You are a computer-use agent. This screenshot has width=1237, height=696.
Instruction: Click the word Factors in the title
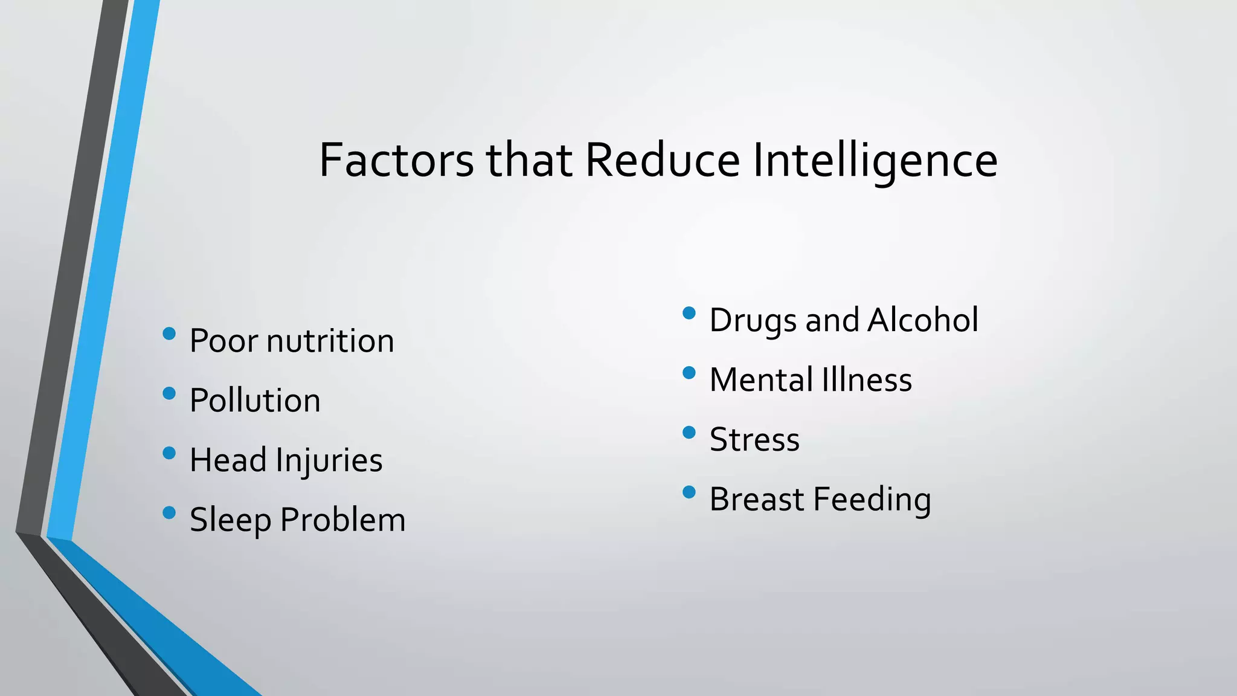396,161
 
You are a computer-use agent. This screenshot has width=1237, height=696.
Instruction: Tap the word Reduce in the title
663,161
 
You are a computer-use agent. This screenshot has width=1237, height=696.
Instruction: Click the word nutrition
330,341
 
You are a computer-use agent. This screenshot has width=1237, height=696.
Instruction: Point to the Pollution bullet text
255,401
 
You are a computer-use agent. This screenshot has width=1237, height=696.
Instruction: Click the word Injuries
329,460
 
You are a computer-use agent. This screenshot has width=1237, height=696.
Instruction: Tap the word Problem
343,520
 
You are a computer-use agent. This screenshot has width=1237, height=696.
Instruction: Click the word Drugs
753,320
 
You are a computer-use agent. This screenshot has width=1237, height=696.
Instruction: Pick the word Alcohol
923,320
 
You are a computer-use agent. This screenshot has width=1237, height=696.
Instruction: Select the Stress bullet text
754,440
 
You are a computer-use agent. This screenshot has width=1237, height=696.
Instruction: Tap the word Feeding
872,500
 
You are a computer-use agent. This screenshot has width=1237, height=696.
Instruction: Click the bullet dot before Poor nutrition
169,333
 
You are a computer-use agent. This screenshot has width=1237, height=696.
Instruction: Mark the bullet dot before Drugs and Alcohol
689,313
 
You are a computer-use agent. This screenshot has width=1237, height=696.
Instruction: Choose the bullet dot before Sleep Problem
169,513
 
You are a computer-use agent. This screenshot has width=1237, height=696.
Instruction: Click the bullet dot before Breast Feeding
689,492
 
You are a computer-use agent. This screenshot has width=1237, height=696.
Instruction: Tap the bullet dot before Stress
689,433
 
